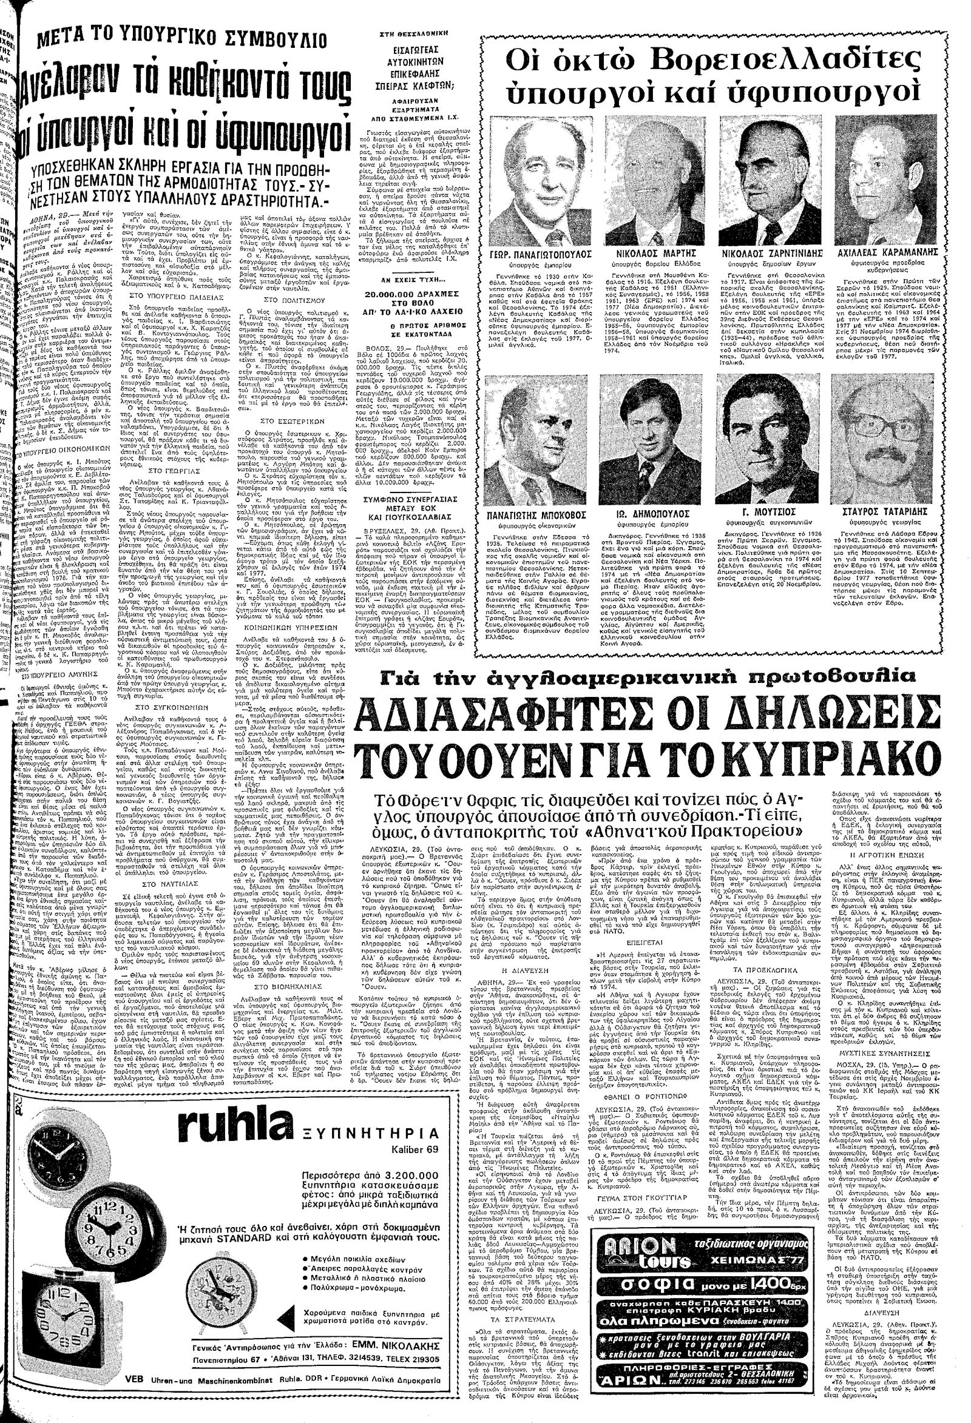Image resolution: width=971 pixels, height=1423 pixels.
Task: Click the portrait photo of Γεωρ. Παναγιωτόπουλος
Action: [536, 177]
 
